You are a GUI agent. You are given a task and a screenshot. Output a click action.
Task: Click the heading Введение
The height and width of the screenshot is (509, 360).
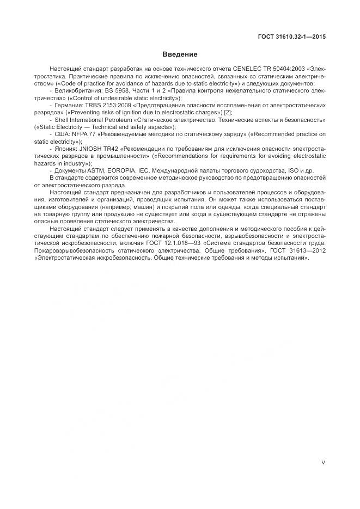coord(180,54)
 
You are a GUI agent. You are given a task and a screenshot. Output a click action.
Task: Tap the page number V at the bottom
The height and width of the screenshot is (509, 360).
coord(324,463)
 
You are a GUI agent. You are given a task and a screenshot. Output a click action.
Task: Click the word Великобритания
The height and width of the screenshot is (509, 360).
coord(76,91)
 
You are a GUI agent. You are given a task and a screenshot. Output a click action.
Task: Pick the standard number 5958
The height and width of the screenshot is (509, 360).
coord(122,91)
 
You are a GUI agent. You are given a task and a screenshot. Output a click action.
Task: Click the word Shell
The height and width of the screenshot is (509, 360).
coord(63,119)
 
